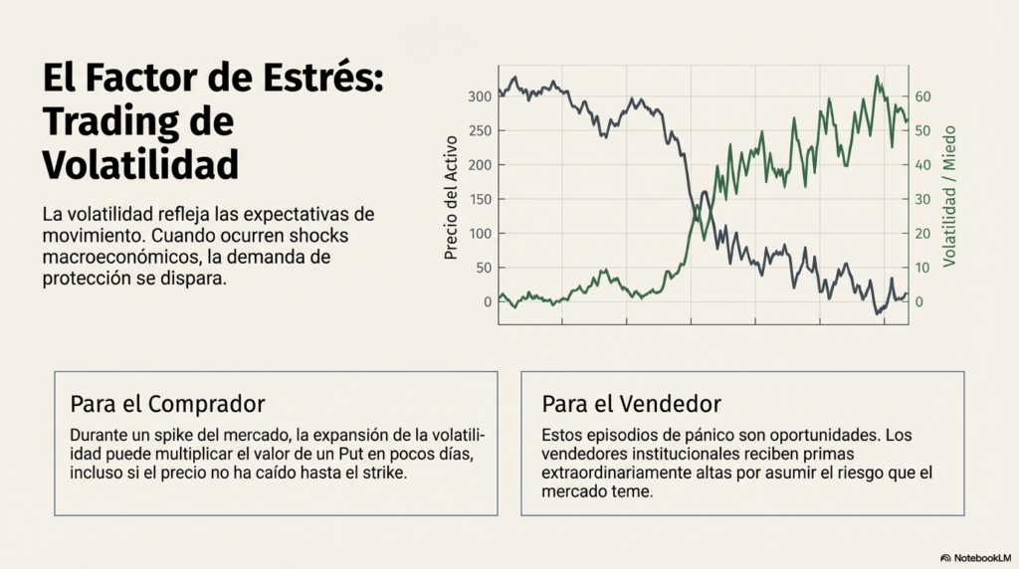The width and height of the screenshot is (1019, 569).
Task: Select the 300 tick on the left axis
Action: (x=480, y=96)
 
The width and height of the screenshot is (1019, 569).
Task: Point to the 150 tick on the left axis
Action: (x=480, y=200)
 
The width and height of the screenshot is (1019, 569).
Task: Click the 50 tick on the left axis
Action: (x=484, y=269)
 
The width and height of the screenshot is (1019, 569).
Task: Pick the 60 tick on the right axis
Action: (x=922, y=96)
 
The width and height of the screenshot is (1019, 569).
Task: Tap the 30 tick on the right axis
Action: (x=922, y=200)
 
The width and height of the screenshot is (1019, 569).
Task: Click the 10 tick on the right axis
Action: (x=922, y=269)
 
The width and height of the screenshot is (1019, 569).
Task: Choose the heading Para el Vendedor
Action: (x=631, y=404)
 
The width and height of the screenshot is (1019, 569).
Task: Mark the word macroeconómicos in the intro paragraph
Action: (x=111, y=258)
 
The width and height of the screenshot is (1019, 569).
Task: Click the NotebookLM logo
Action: (x=974, y=558)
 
